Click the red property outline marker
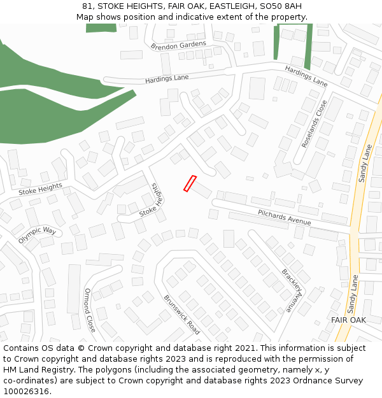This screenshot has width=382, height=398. coord(190,183)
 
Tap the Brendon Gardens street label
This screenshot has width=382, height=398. coord(179,46)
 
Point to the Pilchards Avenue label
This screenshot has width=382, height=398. coord(284,217)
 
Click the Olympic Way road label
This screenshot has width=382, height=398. coord(37,234)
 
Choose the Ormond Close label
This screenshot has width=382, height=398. coord(90,310)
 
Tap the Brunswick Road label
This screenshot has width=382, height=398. coord(181,315)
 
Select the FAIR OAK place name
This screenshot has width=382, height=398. coord(348,320)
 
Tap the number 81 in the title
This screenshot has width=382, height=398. coord(87,6)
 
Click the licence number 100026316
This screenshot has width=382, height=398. coord(27,391)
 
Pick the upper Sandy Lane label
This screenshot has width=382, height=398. coord(365,163)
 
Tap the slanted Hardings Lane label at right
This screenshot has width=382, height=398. coord(306,76)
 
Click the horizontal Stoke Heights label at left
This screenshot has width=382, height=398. coord(41,188)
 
